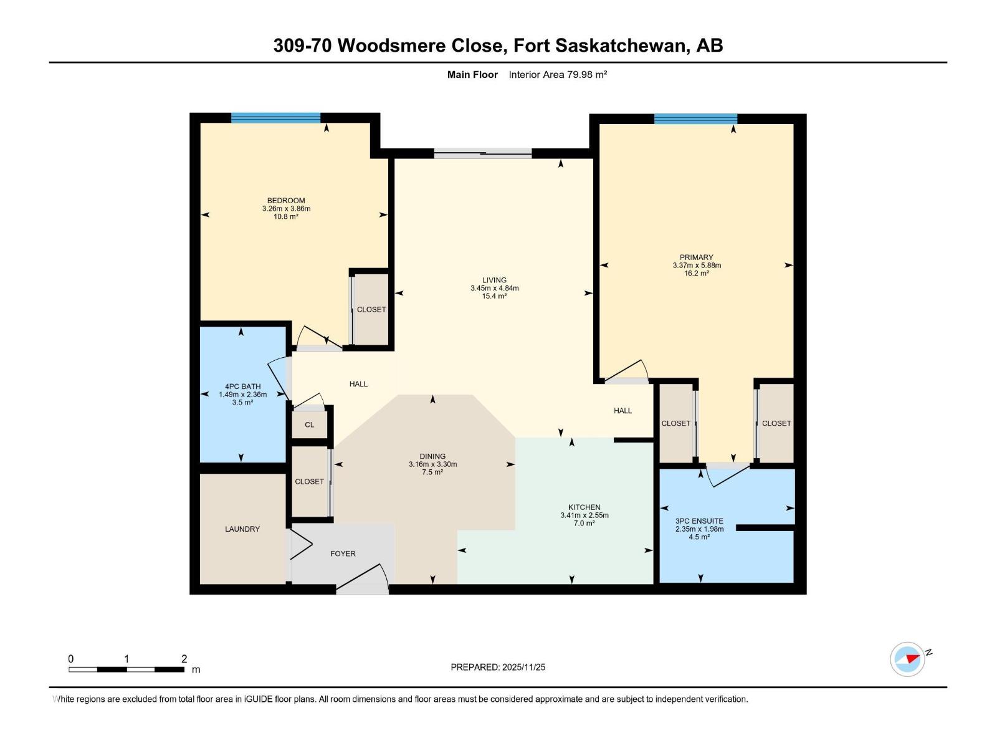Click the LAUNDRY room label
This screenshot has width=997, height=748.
tap(242, 529)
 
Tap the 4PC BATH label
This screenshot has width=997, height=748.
tap(242, 386)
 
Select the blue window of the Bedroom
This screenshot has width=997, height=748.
tap(275, 118)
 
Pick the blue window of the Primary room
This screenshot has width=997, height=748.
tap(695, 119)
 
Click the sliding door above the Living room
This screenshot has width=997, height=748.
tap(483, 153)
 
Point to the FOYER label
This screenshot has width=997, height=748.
tap(343, 554)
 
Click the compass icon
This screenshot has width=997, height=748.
tap(907, 659)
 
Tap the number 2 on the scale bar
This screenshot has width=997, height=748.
tap(184, 659)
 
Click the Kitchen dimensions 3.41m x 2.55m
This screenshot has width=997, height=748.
tap(584, 515)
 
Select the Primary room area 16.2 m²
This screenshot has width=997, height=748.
tap(697, 273)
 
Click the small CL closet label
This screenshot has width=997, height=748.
tap(310, 424)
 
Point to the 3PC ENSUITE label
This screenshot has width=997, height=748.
tap(699, 521)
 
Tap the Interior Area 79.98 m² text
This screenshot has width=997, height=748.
tap(558, 75)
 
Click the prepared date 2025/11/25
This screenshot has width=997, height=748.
tap(523, 667)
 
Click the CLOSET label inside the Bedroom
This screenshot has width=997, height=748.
tap(371, 310)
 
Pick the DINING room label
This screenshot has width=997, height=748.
tap(432, 456)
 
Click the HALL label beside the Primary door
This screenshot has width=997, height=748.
tap(623, 411)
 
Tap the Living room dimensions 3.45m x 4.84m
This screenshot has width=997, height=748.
tap(495, 288)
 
